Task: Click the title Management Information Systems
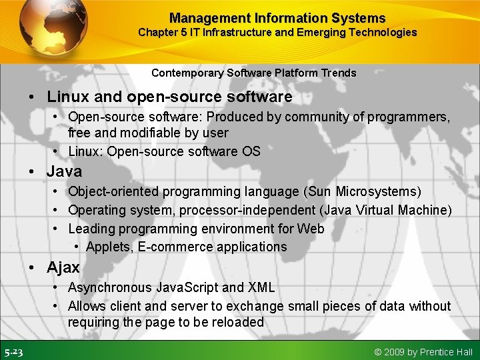coord(277,18)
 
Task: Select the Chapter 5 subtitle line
coord(277,32)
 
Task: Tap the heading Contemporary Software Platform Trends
coord(253,73)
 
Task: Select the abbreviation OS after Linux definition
coord(251,151)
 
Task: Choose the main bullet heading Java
coord(64,171)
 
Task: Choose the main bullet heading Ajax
coord(63,267)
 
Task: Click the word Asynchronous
coord(110,287)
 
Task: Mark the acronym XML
coord(261,287)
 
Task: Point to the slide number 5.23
coord(13,352)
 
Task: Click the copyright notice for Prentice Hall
coord(423,352)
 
